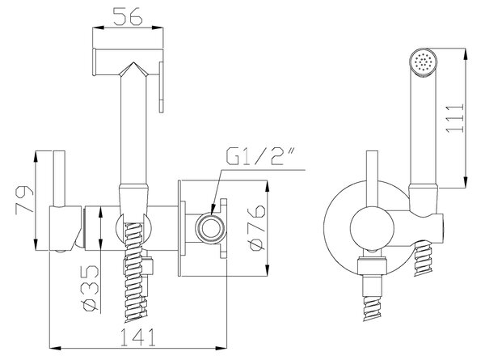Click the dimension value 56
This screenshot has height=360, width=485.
pyautogui.click(x=128, y=16)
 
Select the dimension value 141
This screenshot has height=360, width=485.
pyautogui.click(x=138, y=337)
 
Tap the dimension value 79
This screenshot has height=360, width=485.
pyautogui.click(x=24, y=199)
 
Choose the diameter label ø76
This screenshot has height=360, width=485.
pyautogui.click(x=256, y=228)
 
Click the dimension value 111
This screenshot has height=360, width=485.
pyautogui.click(x=455, y=119)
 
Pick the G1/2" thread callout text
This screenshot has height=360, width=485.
pyautogui.click(x=259, y=156)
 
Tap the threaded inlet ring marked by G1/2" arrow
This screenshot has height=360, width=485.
pyautogui.click(x=210, y=228)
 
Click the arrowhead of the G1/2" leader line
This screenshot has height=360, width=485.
pyautogui.click(x=213, y=210)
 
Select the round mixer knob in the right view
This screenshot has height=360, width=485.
pyautogui.click(x=372, y=228)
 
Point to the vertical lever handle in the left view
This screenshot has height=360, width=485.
pyautogui.click(x=59, y=179)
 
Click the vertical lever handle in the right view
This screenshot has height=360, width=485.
pyautogui.click(x=372, y=179)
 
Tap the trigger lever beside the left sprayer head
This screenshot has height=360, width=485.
pyautogui.click(x=161, y=87)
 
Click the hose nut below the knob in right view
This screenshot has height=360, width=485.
pyautogui.click(x=372, y=266)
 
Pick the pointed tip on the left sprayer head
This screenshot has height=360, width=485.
pyautogui.click(x=133, y=63)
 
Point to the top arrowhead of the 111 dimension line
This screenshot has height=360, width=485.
pyautogui.click(x=466, y=53)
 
